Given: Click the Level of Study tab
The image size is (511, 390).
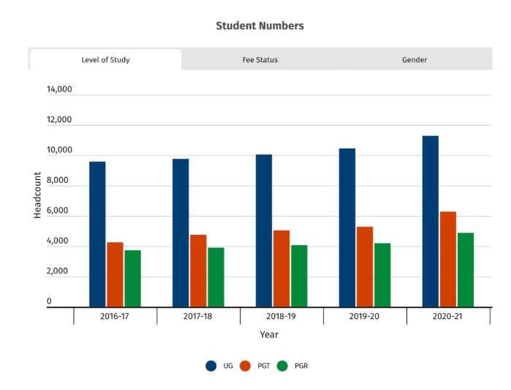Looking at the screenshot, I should (105, 60).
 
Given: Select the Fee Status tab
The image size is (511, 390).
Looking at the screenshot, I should (260, 60).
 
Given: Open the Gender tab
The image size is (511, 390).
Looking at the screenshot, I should (415, 60).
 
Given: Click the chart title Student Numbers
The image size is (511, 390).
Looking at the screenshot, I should (260, 26).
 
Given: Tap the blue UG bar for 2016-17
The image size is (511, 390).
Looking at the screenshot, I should (97, 234).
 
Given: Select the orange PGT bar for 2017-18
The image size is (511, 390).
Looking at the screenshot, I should (198, 271).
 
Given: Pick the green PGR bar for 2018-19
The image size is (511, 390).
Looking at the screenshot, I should (299, 276).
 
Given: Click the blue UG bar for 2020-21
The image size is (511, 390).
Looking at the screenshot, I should (431, 221).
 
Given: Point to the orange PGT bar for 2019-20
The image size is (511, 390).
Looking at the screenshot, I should (365, 267).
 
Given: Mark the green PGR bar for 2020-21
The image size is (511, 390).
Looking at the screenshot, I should (466, 270).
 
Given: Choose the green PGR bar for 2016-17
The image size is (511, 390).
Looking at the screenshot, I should (132, 279).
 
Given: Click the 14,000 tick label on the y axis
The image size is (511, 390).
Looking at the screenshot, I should (59, 90).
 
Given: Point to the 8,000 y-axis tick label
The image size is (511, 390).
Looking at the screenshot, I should (59, 181).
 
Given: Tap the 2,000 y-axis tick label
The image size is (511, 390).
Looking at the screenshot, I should (59, 271).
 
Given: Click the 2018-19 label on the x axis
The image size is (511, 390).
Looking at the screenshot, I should (281, 318).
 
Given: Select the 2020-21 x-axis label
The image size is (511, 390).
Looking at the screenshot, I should (448, 318).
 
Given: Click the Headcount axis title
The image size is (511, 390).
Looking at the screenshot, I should (37, 195).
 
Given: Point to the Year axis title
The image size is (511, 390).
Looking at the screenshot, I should (269, 334).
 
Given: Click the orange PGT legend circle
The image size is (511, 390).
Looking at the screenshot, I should (246, 366).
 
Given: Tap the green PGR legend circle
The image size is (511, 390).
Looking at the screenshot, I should (283, 366).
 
